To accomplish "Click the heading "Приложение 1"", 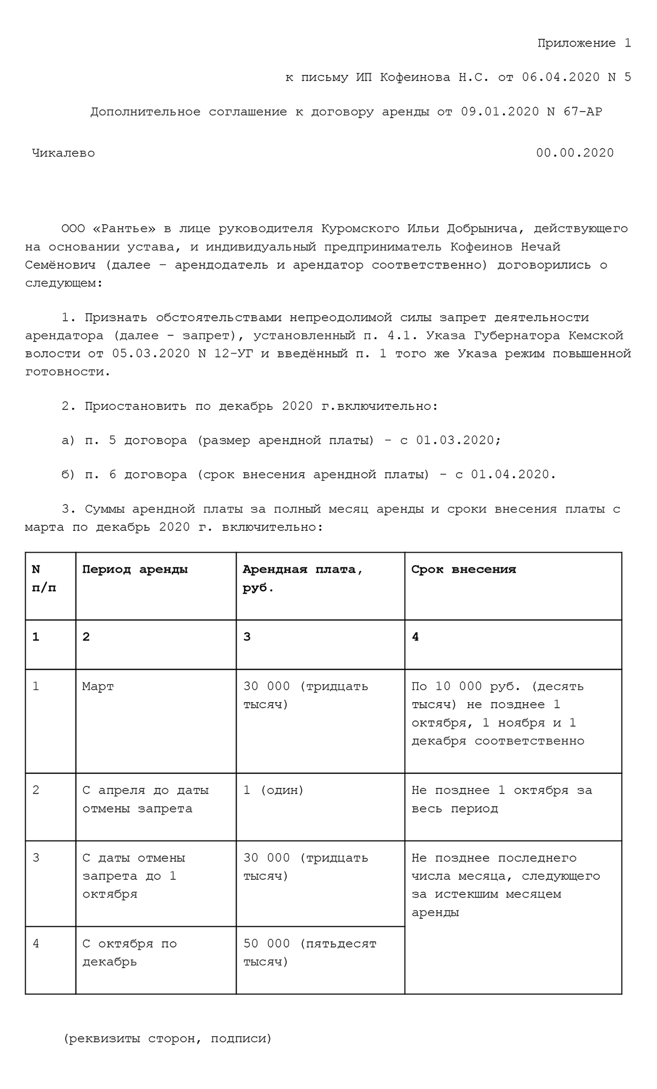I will [584, 43].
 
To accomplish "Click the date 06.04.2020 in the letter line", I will [561, 77].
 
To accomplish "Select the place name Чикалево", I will [64, 153].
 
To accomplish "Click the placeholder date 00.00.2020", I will [575, 153].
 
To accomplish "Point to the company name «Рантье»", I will [124, 229].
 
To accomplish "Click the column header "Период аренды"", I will [135, 569].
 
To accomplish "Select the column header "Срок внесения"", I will [463, 569].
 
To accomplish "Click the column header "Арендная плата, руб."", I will [302, 578].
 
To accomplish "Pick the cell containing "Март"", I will [98, 686].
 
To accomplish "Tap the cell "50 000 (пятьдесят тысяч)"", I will [309, 952].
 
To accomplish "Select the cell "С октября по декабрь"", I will [130, 952].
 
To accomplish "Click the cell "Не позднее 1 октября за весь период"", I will [501, 799].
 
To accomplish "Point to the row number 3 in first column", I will [36, 858].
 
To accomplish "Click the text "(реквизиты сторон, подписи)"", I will [168, 1038].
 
